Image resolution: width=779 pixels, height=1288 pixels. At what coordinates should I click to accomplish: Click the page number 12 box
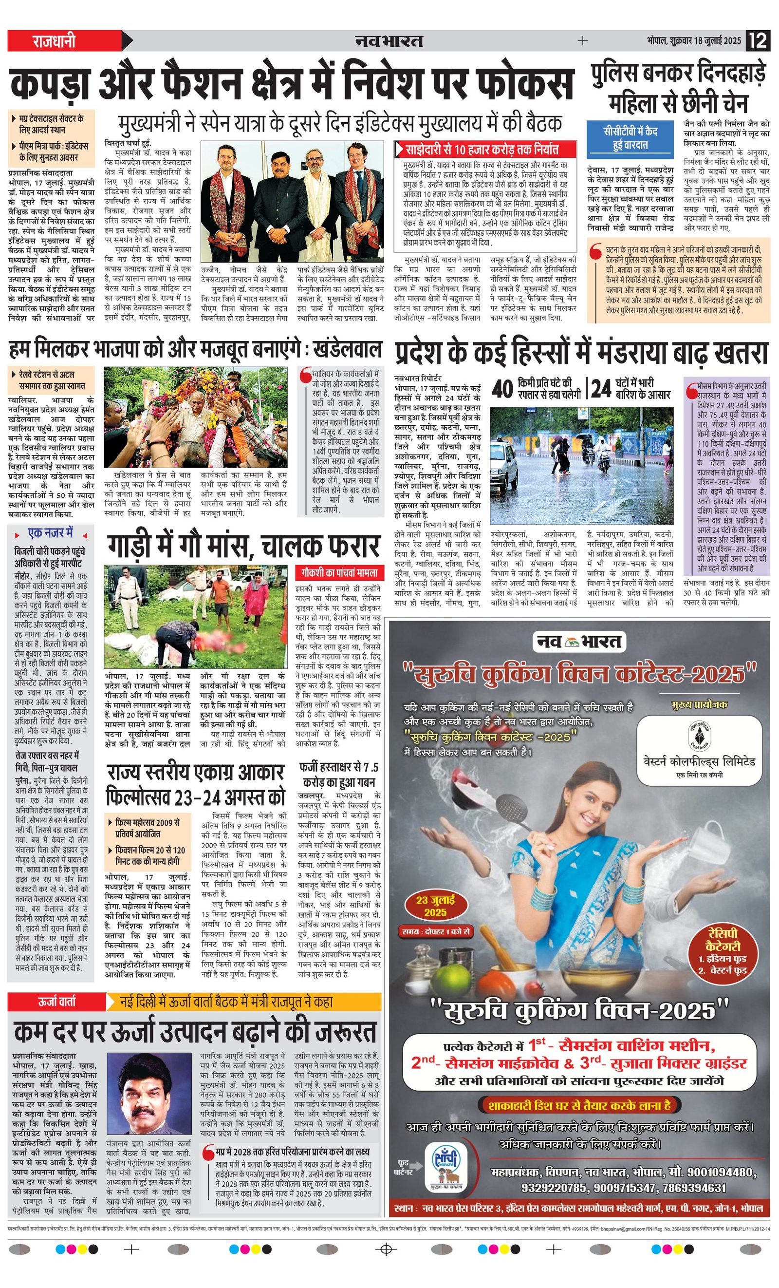click(758, 40)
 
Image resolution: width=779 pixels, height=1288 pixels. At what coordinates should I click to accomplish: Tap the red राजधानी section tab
click(55, 41)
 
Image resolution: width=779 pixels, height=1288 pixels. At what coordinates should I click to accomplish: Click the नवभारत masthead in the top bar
click(389, 41)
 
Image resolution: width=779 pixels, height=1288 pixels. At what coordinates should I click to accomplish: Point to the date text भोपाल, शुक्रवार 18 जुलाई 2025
click(694, 41)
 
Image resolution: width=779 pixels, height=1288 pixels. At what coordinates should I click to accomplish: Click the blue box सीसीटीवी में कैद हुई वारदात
click(630, 138)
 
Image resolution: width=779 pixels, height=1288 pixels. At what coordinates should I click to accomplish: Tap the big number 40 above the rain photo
click(502, 389)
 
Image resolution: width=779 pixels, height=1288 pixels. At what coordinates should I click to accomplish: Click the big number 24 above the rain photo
click(601, 389)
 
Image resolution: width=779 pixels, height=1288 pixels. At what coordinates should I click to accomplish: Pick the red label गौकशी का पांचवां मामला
click(339, 572)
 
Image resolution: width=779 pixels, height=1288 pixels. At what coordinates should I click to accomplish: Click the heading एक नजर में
click(50, 534)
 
